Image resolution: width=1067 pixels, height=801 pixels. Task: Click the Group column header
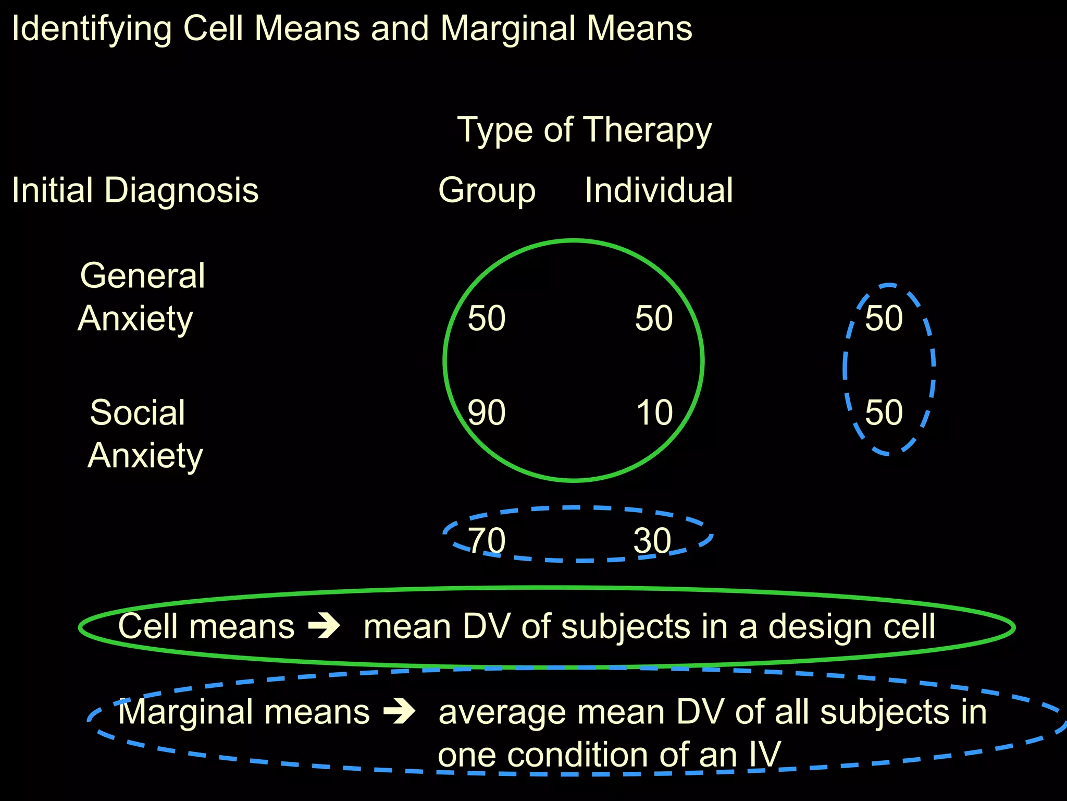tap(487, 191)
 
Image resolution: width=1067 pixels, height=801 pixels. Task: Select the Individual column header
tap(659, 190)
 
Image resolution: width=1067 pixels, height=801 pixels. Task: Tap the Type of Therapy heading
tap(584, 130)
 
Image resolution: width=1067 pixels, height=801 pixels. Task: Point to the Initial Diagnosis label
tap(135, 190)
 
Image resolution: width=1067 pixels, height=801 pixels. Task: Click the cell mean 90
tap(486, 412)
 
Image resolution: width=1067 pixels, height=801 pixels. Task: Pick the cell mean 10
tap(654, 412)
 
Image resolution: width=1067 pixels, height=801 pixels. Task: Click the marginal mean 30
tap(652, 540)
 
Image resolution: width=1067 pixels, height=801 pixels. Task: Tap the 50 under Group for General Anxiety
tap(486, 318)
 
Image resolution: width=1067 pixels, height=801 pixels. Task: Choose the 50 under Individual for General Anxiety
tap(654, 318)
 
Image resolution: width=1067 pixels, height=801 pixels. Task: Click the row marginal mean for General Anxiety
tap(884, 318)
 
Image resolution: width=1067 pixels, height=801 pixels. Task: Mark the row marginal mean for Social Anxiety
tap(884, 412)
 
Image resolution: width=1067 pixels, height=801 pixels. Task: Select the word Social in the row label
tap(138, 412)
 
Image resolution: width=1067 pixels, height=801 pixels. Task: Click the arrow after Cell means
tap(324, 626)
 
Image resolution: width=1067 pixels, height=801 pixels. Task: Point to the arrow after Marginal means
tap(399, 712)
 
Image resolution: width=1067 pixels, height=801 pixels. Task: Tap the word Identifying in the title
tap(92, 29)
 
